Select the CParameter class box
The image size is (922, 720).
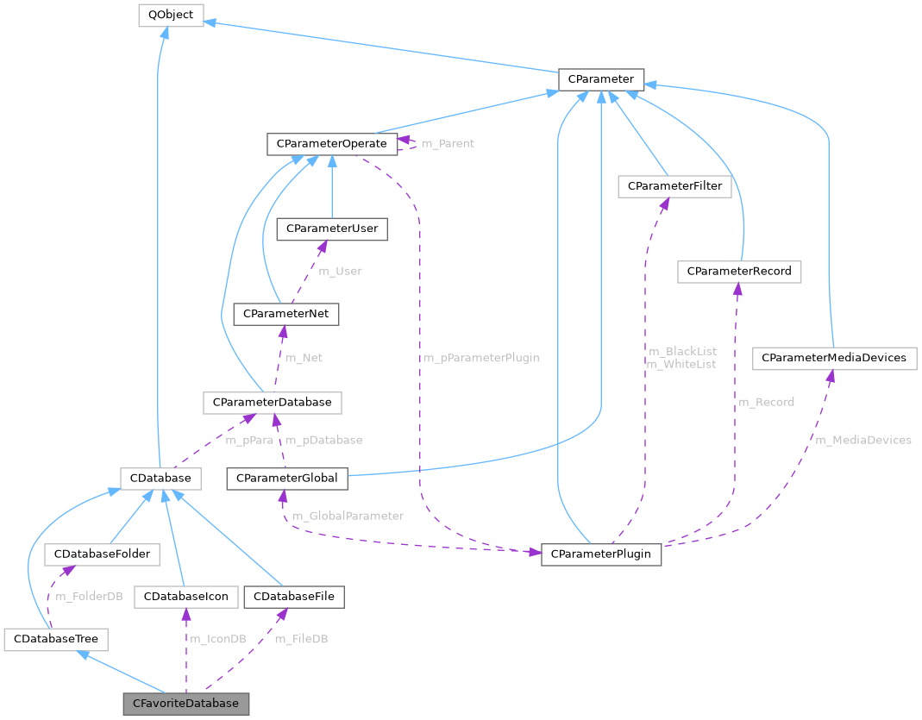click(600, 79)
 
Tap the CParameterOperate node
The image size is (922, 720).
click(332, 143)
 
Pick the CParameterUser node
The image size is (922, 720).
click(331, 229)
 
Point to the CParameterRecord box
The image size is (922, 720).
click(740, 272)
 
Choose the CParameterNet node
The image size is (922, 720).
click(286, 314)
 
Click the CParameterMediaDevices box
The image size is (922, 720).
click(833, 358)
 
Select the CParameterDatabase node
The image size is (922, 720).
click(273, 402)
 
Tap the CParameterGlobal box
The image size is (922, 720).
click(287, 478)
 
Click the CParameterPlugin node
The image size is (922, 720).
click(601, 554)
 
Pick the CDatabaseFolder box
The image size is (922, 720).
click(102, 554)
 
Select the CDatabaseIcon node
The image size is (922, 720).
click(185, 597)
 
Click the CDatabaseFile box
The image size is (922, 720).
click(294, 597)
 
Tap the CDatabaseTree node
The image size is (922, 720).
click(56, 640)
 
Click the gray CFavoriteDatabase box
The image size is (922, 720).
click(185, 703)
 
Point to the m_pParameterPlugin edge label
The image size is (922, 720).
click(480, 358)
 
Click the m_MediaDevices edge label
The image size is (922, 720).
click(863, 440)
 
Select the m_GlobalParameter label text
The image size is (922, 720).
click(348, 516)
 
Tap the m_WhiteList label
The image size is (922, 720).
click(681, 364)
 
